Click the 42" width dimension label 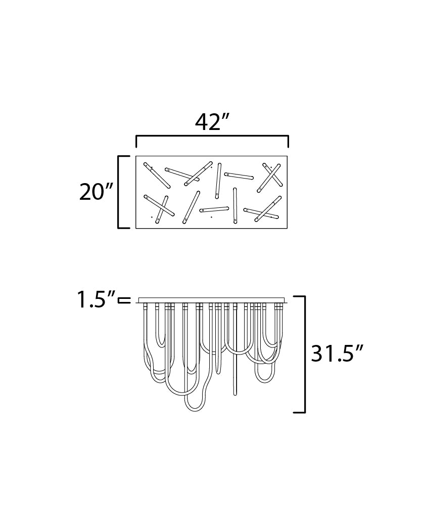(212, 122)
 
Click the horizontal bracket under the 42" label (212, 136)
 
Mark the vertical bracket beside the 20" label (119, 192)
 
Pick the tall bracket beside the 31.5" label (304, 354)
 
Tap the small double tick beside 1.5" (124, 300)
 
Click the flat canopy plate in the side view (212, 300)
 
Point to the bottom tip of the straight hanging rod (235, 394)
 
